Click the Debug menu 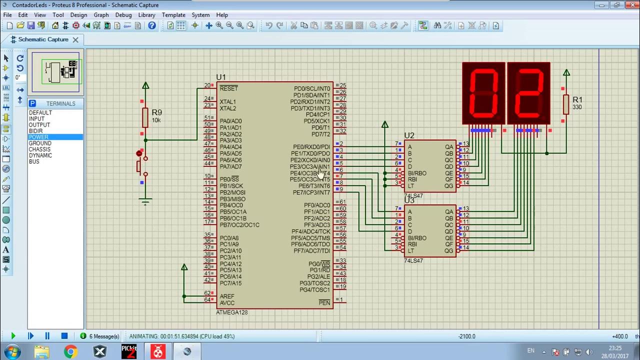pos(123,15)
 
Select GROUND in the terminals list pos(40,143)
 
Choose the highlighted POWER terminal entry pos(39,137)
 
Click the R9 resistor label pos(156,112)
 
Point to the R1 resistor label pos(577,100)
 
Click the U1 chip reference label pos(221,77)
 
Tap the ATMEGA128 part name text pos(231,312)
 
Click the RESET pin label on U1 pos(228,88)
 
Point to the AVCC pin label pos(227,303)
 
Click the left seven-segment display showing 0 pos(483,93)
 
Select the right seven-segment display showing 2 pos(528,93)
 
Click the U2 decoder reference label pos(409,135)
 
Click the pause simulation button pos(47,336)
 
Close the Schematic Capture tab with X pos(75,39)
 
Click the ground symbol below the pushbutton pos(145,201)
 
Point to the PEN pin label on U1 pos(324,303)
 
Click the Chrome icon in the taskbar pos(70,352)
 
